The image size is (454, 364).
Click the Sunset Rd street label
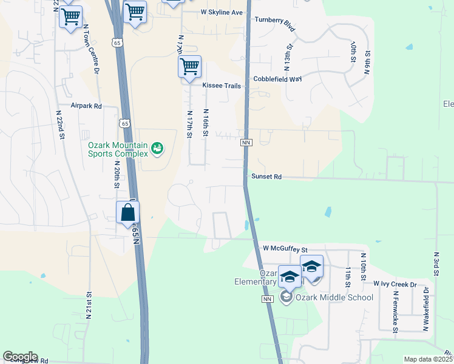coord(266,177)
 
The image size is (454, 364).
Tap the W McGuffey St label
coord(285,249)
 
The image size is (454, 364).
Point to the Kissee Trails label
coord(222,86)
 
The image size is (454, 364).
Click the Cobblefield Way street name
coord(277,79)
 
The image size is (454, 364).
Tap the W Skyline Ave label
coord(222,12)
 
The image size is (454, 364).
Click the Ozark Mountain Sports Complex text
coord(118,149)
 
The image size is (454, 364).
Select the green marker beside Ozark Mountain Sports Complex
coord(157,148)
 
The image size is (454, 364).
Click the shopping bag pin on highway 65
coord(128,213)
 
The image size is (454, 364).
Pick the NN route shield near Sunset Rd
coord(246,143)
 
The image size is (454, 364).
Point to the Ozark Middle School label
coord(326,297)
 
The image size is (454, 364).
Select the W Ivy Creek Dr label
coord(395,284)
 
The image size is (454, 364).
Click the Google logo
coord(20,357)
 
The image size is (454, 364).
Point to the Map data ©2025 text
coord(428,359)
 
